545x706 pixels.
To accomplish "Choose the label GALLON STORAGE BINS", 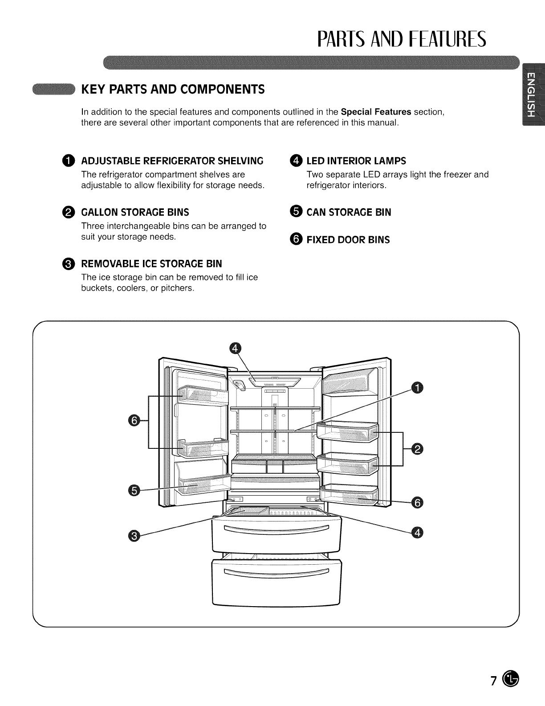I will (x=135, y=212).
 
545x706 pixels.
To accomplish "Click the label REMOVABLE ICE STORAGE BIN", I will (x=151, y=263).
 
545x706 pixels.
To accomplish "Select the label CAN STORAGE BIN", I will (x=349, y=213).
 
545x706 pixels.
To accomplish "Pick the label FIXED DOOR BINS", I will (x=348, y=240).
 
